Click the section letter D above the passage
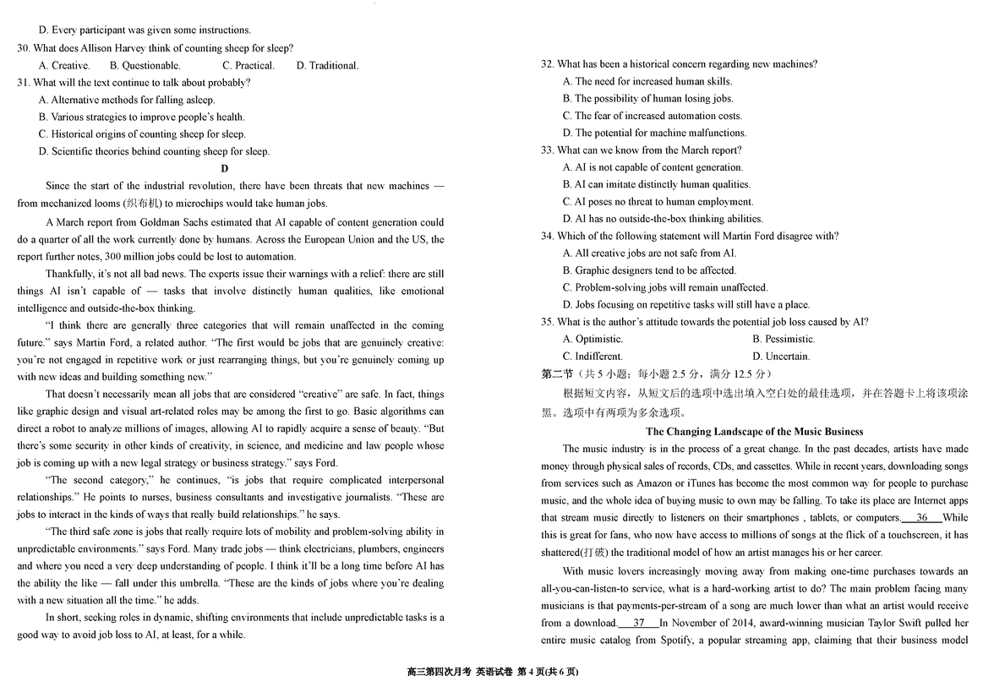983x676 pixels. click(x=225, y=168)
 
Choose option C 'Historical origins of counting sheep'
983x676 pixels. click(x=142, y=134)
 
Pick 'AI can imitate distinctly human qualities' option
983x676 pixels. click(x=657, y=184)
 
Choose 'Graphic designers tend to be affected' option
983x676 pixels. click(x=649, y=270)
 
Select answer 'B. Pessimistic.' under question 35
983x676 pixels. click(x=784, y=339)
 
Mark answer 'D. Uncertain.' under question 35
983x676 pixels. click(x=781, y=357)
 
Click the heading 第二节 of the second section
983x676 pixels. click(x=557, y=373)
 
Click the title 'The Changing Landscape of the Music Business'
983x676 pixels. click(x=754, y=431)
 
